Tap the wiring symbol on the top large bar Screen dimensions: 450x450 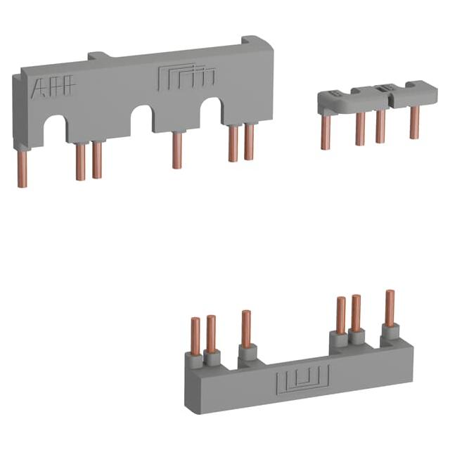(187, 76)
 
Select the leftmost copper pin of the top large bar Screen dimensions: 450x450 (22, 169)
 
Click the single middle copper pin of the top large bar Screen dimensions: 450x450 (176, 150)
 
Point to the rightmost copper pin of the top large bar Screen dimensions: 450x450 (249, 142)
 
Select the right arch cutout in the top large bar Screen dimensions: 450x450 (211, 111)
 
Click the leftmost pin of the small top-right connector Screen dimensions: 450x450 (326, 131)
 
